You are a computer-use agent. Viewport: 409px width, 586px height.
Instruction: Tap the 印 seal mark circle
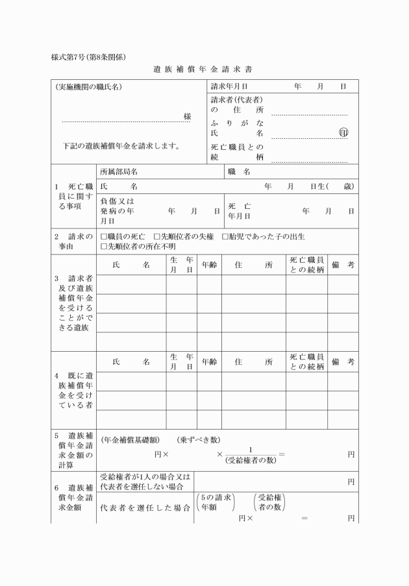tap(343, 132)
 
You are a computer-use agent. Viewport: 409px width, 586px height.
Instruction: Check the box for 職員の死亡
tap(104, 236)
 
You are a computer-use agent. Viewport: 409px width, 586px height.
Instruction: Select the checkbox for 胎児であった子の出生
tap(225, 236)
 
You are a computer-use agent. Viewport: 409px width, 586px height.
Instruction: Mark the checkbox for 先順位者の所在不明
tap(104, 246)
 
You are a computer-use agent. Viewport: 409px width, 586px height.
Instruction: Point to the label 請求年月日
tap(230, 86)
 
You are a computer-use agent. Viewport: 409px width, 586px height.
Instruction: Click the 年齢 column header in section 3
tap(209, 265)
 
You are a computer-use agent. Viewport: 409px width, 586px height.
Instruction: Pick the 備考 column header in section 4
tap(342, 361)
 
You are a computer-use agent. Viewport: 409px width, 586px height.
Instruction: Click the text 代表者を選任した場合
tap(145, 507)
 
